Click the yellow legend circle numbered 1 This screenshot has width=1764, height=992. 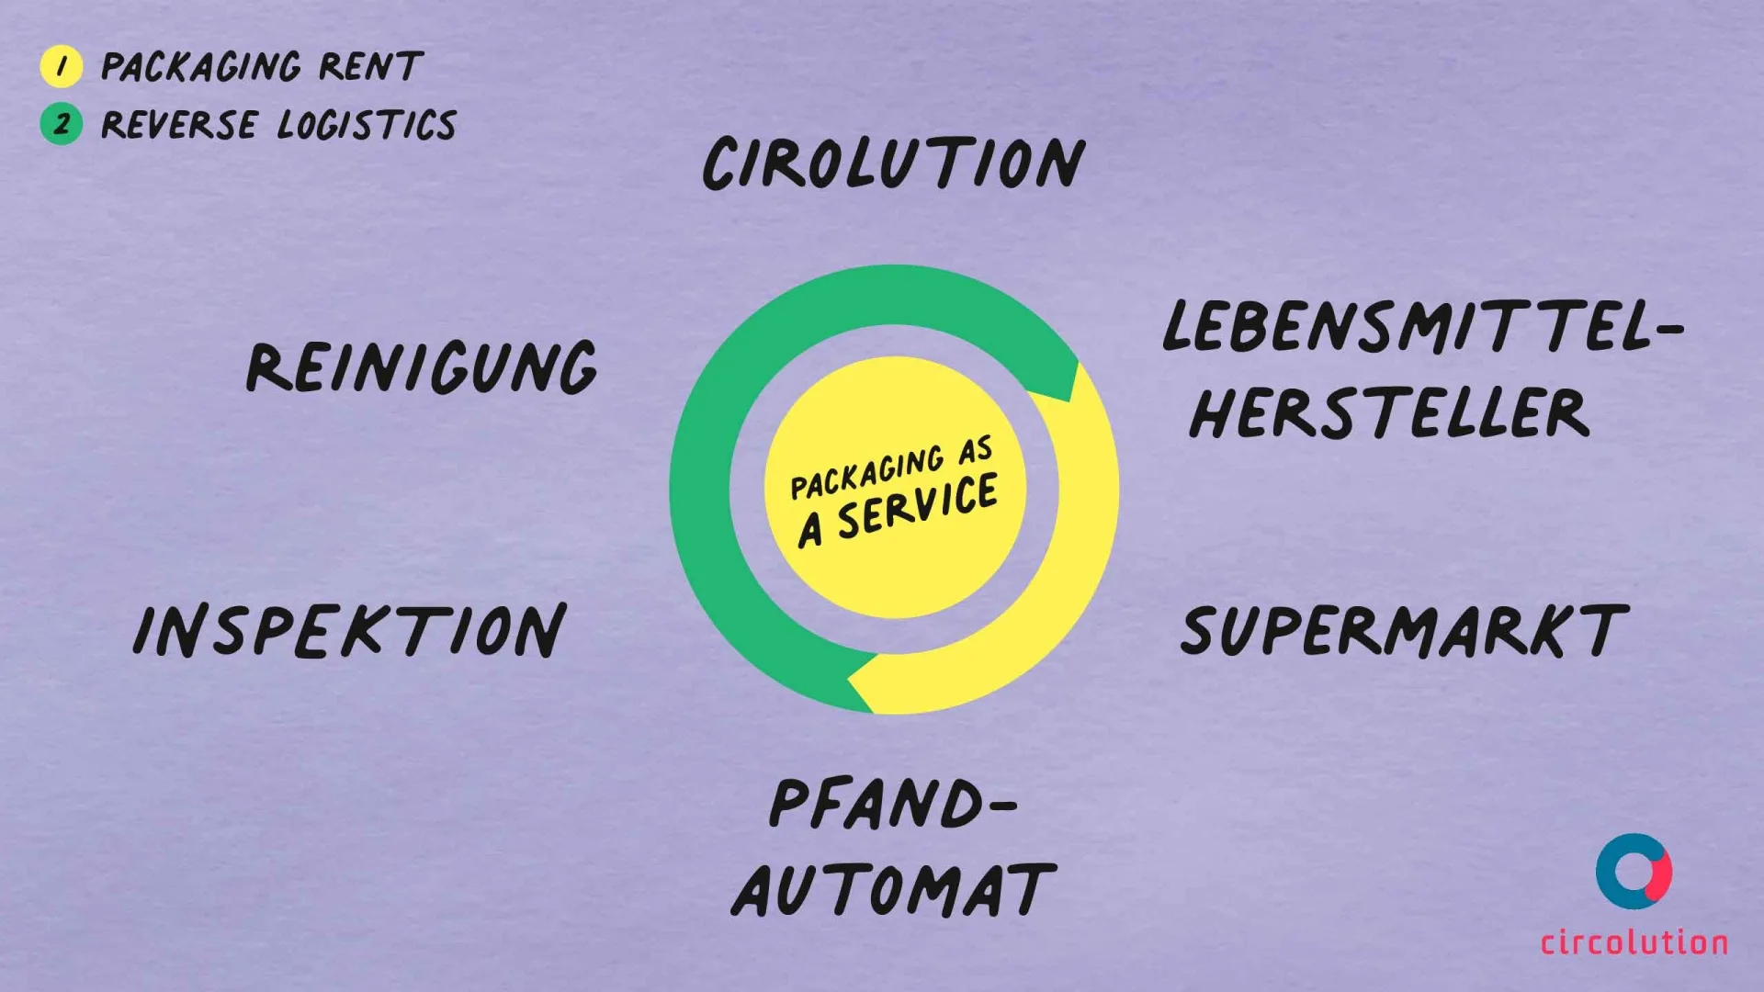62,66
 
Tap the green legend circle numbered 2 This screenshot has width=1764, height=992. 62,124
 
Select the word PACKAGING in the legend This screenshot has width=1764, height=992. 201,67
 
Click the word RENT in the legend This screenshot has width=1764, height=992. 370,66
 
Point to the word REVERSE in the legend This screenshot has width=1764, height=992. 179,125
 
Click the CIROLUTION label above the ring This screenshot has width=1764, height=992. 894,163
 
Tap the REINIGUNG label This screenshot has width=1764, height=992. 422,367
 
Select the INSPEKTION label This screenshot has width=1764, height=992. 350,631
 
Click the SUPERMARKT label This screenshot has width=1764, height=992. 1404,631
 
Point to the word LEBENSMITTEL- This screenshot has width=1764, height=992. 1422,327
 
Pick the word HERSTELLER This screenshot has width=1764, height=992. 1389,413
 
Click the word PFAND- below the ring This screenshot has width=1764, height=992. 892,804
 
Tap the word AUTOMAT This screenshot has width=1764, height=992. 894,890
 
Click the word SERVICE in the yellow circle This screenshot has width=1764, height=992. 917,506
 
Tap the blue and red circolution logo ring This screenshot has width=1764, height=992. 1634,872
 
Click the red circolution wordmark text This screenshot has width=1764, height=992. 1634,942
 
